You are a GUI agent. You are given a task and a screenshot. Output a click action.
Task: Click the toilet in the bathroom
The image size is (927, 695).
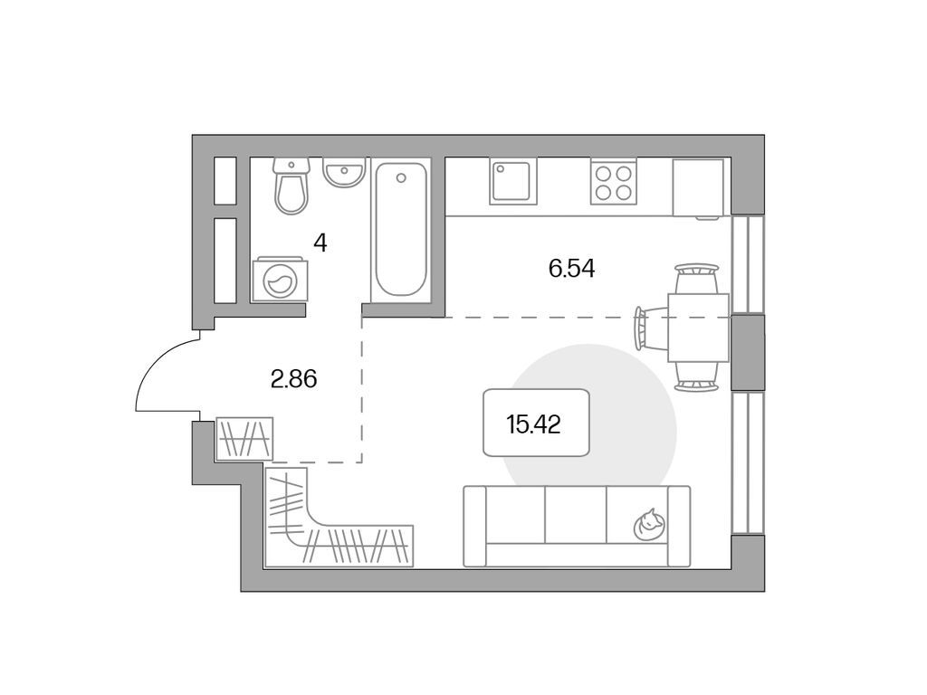pos(291,188)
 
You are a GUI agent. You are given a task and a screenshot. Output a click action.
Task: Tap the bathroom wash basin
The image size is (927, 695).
pos(344,174)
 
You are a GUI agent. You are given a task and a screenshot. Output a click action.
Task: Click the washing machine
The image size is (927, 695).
pos(278,281)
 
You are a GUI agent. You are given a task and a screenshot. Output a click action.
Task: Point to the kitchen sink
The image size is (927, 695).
pos(513,182)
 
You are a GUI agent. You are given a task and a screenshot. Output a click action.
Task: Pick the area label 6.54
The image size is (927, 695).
pos(571,268)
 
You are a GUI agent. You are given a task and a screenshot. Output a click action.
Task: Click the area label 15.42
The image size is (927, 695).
pos(534,424)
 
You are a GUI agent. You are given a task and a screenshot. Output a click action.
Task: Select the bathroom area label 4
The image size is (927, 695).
pos(320,243)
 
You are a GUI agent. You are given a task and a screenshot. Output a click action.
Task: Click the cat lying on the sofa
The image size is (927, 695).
pos(649,524)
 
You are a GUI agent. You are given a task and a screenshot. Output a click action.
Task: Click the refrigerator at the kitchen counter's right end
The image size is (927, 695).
pos(697,188)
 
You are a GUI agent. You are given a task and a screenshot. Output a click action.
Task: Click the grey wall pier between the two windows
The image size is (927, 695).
pos(747,351)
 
